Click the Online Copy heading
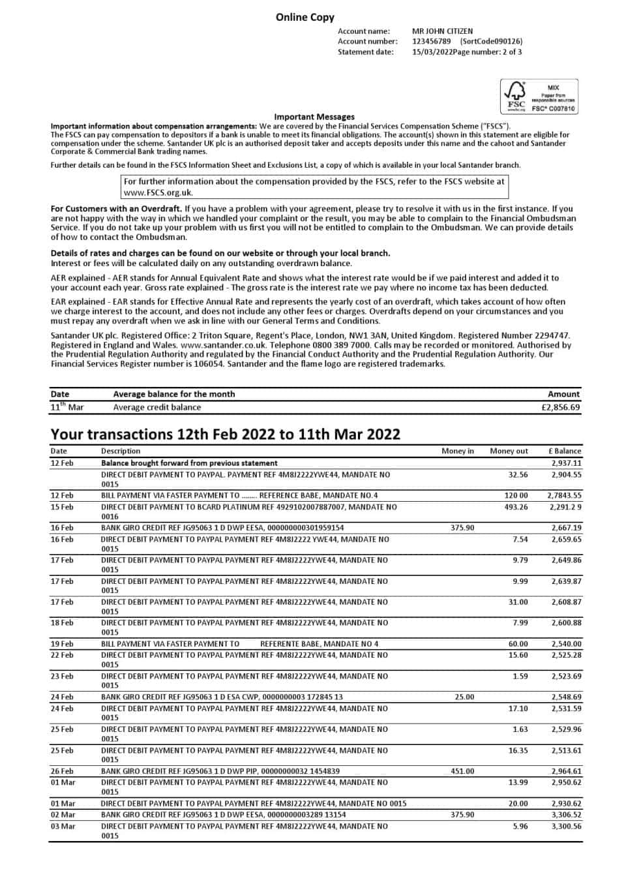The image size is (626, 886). [305, 18]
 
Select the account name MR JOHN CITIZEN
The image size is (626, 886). [442, 31]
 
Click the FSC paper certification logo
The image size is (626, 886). [539, 97]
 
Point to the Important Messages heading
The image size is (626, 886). [314, 117]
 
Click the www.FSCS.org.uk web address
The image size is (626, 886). [158, 192]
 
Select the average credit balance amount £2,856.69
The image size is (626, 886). [560, 407]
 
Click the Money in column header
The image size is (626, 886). [458, 451]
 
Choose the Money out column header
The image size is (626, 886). [509, 451]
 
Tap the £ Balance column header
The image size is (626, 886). [565, 451]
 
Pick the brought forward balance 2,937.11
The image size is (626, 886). [566, 463]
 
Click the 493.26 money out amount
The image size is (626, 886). [516, 507]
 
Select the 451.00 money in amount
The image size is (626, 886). [462, 771]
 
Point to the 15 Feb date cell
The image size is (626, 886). [62, 507]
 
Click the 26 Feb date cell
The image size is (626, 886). [62, 771]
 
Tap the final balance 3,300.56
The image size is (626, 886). [566, 827]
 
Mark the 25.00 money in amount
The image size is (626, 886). [464, 697]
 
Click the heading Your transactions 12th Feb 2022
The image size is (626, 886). [225, 435]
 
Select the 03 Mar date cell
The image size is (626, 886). [63, 827]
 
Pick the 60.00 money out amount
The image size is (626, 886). [518, 644]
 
